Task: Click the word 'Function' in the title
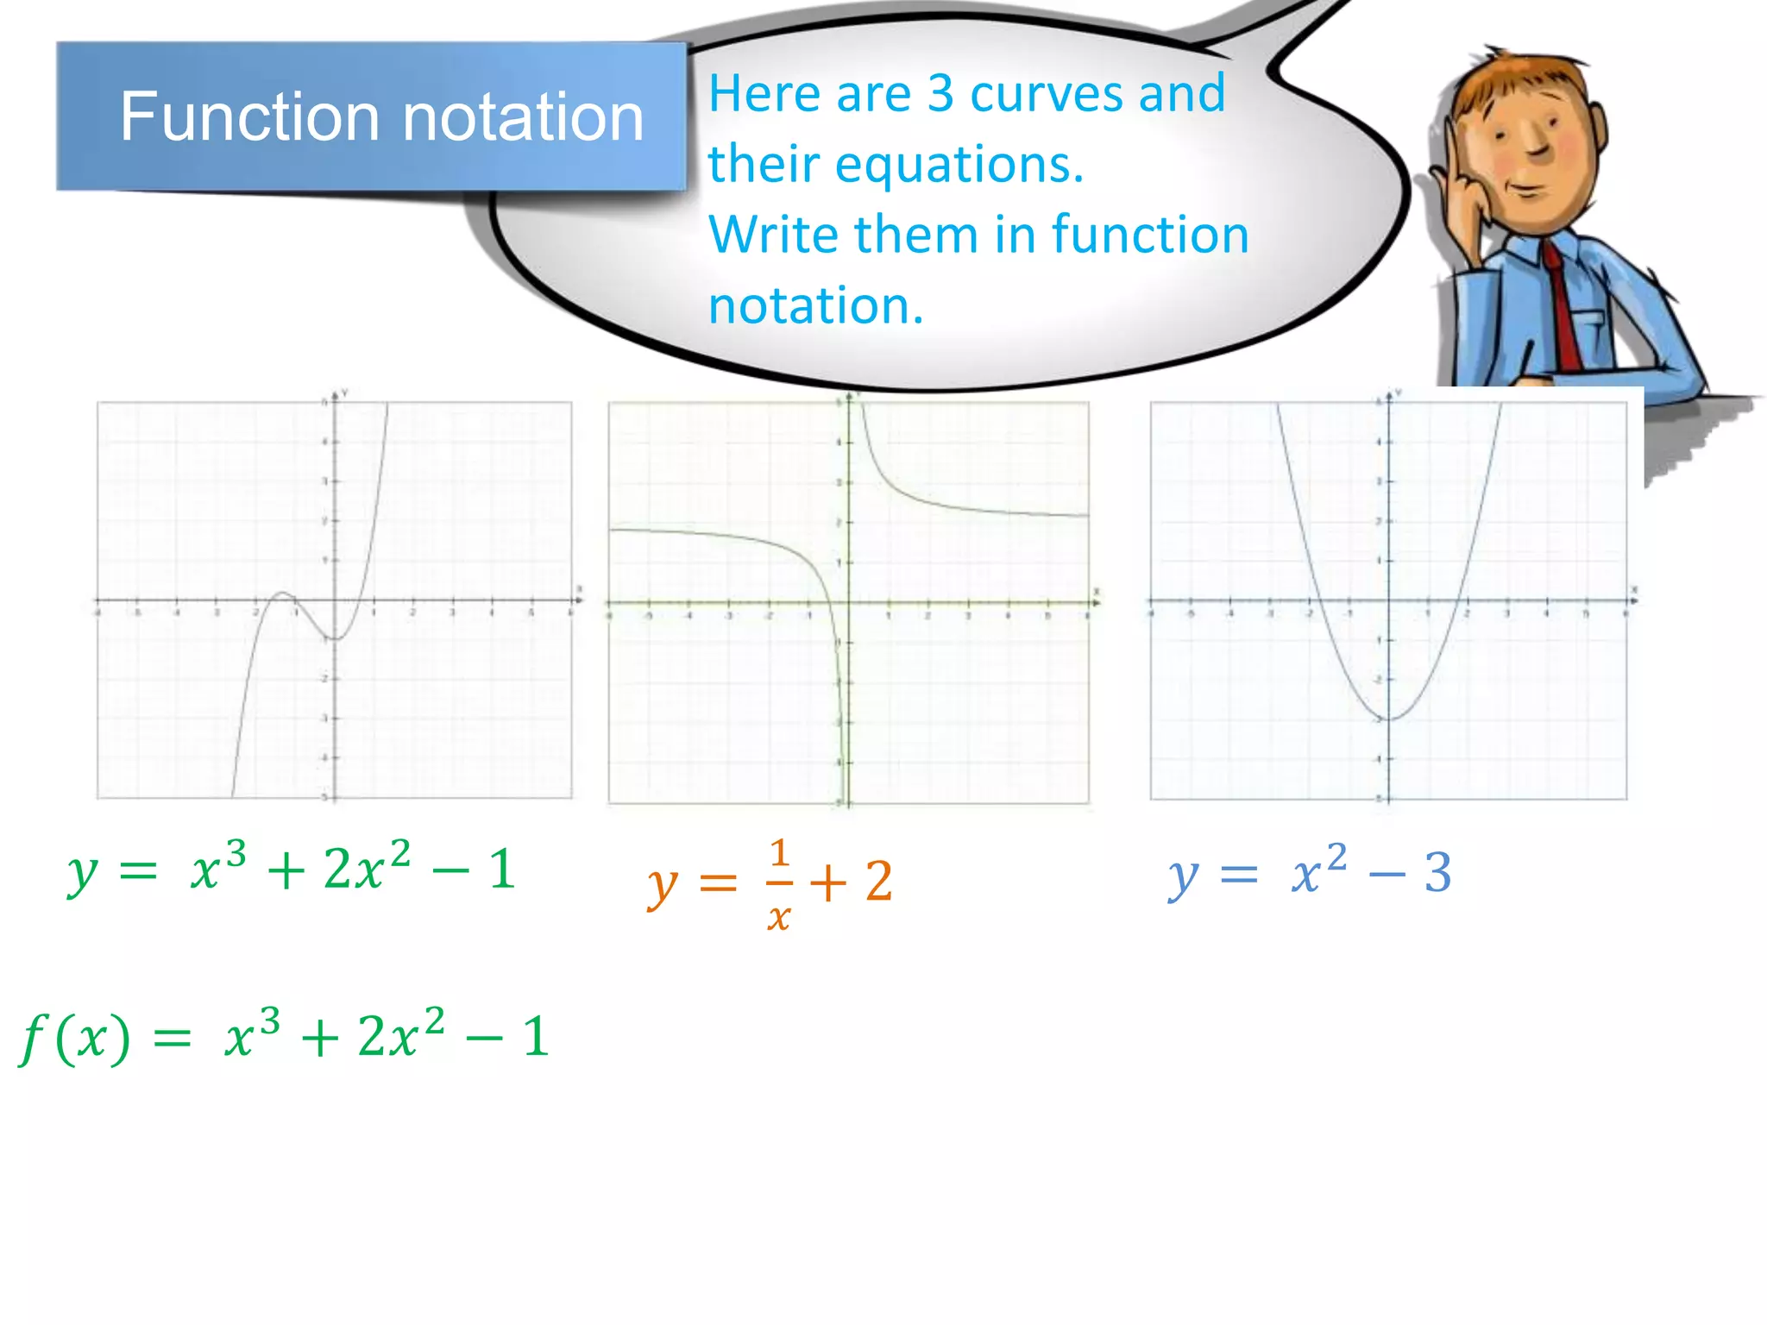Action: [248, 117]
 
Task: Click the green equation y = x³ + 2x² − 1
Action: [292, 868]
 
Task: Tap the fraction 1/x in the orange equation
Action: [778, 883]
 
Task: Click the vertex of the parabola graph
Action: [1390, 718]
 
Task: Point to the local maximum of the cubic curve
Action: [282, 593]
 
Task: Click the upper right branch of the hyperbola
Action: [932, 500]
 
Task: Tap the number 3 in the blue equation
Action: [1437, 873]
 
